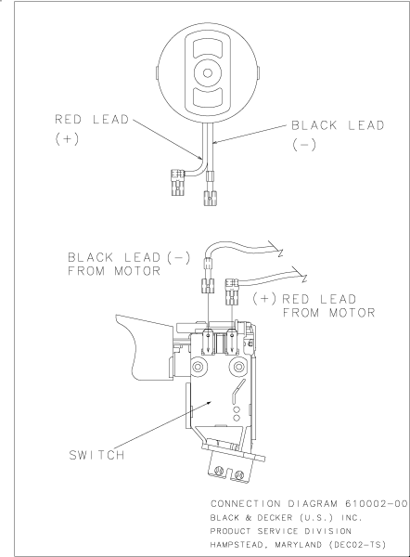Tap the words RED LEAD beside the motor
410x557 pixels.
(x=93, y=119)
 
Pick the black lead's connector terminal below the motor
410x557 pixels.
(x=210, y=196)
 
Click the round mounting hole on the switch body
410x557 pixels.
(x=197, y=368)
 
